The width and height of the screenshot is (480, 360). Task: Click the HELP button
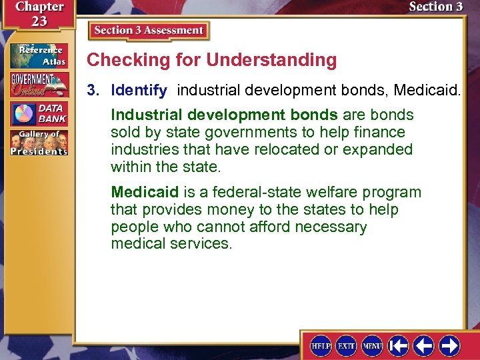321,345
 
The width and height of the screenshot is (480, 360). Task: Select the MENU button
372,345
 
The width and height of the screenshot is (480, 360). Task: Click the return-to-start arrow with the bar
399,345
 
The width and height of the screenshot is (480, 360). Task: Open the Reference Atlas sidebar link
38,56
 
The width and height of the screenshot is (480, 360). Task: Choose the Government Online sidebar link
38,84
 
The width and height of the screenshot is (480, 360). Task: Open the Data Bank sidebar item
38,113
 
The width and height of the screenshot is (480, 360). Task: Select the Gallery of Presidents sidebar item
38,142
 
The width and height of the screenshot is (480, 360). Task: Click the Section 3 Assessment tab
149,31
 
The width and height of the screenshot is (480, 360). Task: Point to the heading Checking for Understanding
212,60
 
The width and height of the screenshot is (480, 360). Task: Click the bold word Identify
139,89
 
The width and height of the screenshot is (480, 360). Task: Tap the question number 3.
95,89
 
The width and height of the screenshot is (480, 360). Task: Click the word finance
381,132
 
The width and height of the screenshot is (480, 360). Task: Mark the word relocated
281,149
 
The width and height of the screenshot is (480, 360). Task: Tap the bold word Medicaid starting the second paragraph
145,193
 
